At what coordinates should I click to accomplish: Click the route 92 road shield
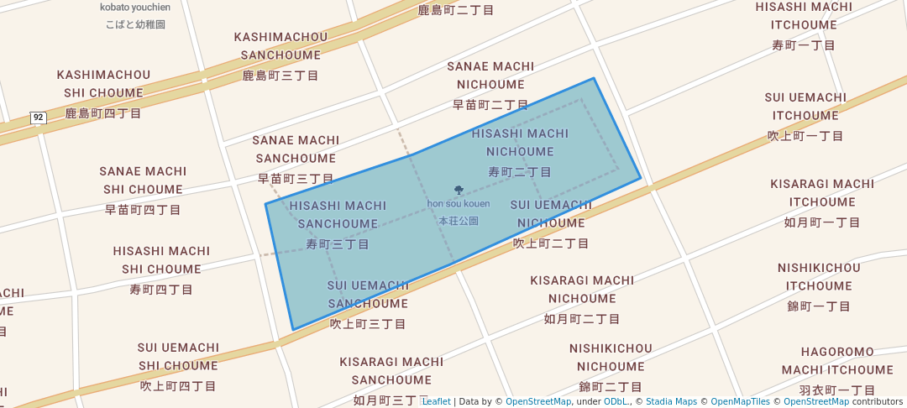[38, 118]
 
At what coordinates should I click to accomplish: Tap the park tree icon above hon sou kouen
[459, 191]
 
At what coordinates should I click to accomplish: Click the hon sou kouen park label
[459, 204]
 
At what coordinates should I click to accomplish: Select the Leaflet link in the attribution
[436, 402]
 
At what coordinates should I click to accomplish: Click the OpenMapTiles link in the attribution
[736, 402]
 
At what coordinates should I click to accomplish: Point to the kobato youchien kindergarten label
[135, 8]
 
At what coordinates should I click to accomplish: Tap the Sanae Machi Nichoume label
[490, 76]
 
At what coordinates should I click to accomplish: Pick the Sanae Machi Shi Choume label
[143, 180]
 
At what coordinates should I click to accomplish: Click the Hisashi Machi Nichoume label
[520, 143]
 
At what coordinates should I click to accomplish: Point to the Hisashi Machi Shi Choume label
[161, 260]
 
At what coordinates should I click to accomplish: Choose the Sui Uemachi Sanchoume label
[368, 295]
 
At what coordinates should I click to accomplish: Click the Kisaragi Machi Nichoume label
[582, 290]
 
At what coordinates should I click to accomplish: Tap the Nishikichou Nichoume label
[611, 358]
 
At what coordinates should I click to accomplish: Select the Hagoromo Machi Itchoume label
[837, 361]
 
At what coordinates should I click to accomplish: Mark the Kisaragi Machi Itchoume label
[822, 193]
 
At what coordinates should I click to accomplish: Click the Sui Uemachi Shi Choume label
[178, 357]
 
